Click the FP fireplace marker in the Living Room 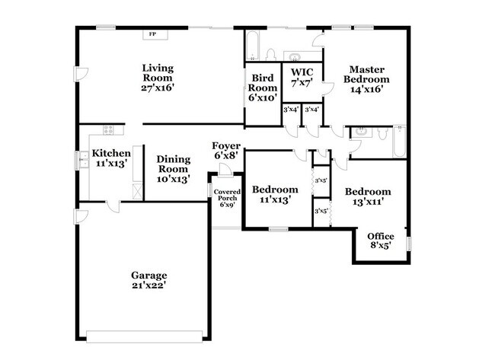click(152, 34)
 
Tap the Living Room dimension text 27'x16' click(158, 88)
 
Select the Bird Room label click(263, 82)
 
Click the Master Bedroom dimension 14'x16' click(366, 89)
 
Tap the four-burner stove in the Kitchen click(109, 129)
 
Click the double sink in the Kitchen click(83, 161)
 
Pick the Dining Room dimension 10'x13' click(173, 179)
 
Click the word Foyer click(227, 145)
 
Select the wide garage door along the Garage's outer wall click(145, 334)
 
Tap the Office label click(381, 236)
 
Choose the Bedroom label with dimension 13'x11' click(367, 192)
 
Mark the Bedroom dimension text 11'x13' click(274, 200)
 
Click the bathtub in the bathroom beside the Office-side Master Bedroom click(399, 142)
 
